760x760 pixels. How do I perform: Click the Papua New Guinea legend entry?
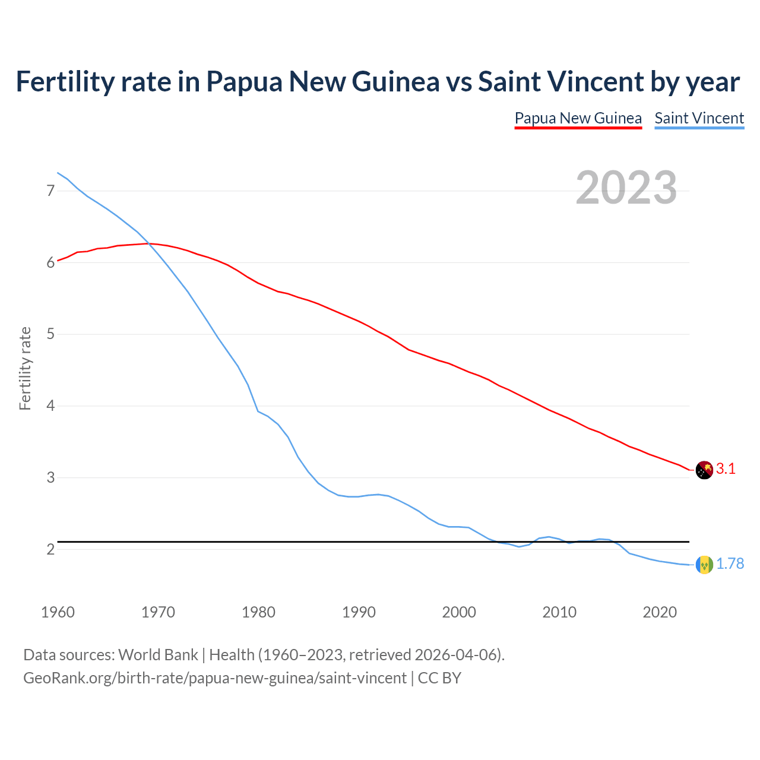(x=578, y=118)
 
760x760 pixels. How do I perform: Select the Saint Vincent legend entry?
(x=699, y=118)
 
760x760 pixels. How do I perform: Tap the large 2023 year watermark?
(x=626, y=188)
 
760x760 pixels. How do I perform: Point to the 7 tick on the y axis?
(x=50, y=191)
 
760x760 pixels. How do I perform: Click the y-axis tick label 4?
(x=50, y=406)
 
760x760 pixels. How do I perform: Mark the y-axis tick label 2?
(x=50, y=550)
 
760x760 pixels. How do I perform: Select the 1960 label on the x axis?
(x=58, y=612)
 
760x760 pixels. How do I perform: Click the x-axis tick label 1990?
(x=359, y=612)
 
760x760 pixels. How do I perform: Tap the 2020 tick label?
(x=660, y=612)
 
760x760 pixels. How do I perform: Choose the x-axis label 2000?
(x=459, y=612)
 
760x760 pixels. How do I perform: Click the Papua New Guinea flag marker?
(x=704, y=470)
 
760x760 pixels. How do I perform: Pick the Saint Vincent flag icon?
(x=704, y=565)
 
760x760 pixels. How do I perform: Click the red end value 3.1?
(x=726, y=469)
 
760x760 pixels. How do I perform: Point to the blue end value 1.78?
(x=730, y=564)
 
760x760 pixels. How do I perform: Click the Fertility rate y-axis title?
(x=25, y=368)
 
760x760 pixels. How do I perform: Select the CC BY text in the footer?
(x=439, y=678)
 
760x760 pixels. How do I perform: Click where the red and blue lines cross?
(x=148, y=243)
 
